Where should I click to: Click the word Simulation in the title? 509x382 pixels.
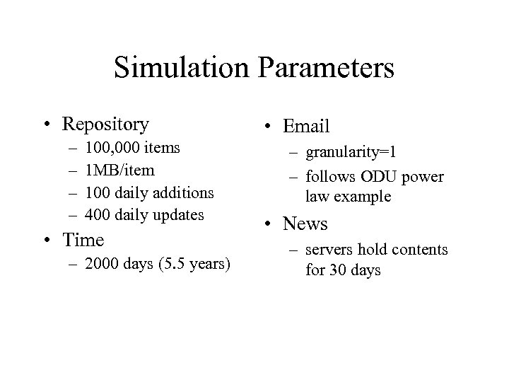click(x=181, y=69)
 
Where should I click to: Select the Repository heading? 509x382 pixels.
click(x=105, y=125)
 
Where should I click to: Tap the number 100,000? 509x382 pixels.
click(x=112, y=148)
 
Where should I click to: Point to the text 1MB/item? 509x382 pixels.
click(x=119, y=170)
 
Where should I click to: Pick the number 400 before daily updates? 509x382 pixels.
click(x=98, y=214)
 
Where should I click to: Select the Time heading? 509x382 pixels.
click(x=83, y=241)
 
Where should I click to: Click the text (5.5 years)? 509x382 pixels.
click(x=194, y=265)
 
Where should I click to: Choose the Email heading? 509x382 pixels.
click(x=306, y=127)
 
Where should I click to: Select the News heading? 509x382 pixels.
click(x=305, y=224)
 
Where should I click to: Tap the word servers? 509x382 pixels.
click(x=329, y=250)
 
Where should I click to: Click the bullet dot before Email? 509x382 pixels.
click(x=269, y=127)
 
